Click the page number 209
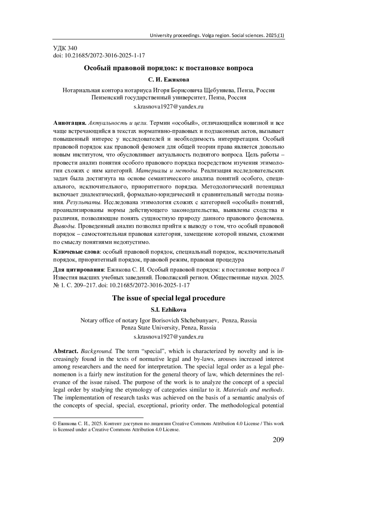pos(278,440)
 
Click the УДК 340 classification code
pos(65,48)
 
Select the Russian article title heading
pos(168,68)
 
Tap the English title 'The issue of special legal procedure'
pos(168,298)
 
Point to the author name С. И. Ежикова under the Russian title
pos(168,80)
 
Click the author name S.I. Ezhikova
pos(168,310)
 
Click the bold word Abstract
pos(66,351)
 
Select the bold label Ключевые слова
pos(76,252)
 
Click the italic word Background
pos(96,351)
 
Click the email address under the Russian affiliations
pos(168,107)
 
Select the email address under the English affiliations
pos(168,337)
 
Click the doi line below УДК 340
pos(99,56)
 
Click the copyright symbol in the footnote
pos(55,423)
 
